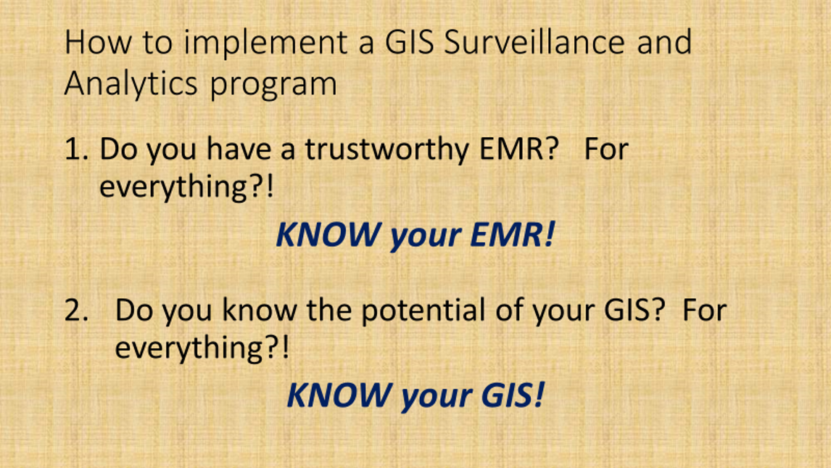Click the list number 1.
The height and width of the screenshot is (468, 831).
[75, 149]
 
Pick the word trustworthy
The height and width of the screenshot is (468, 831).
[386, 149]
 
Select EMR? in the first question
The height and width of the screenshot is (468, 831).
[518, 149]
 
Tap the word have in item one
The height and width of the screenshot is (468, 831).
[235, 149]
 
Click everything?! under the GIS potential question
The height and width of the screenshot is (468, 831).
[202, 348]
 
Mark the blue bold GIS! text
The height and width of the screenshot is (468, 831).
[512, 396]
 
